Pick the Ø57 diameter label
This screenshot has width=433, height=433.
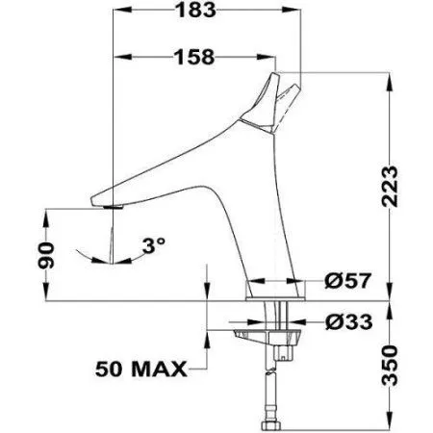347,281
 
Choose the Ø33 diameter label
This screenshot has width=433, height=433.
347,321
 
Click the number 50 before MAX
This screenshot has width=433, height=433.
115,368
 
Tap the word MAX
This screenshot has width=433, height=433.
163,368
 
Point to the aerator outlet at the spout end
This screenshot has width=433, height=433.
111,205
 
